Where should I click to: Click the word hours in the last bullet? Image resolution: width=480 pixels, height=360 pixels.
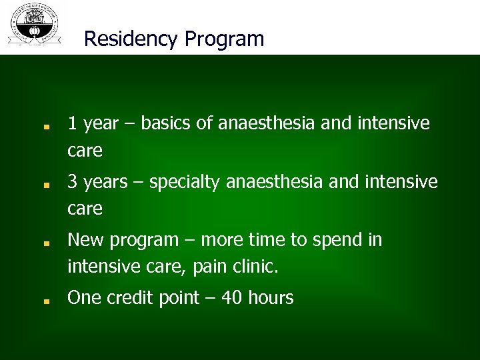click(271, 298)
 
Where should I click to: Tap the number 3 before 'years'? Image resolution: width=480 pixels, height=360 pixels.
click(73, 182)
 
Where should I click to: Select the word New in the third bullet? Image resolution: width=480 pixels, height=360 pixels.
click(85, 239)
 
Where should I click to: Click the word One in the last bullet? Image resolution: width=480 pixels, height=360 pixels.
click(84, 298)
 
